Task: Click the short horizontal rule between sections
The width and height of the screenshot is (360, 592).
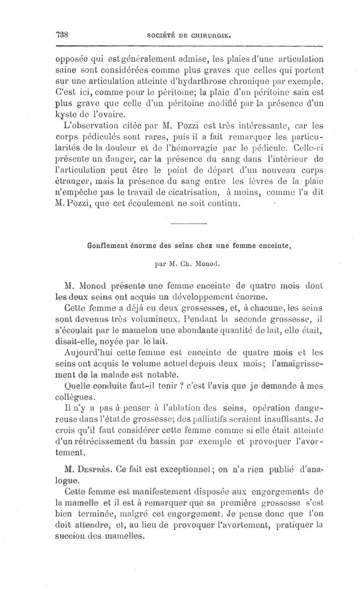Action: [189, 224]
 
